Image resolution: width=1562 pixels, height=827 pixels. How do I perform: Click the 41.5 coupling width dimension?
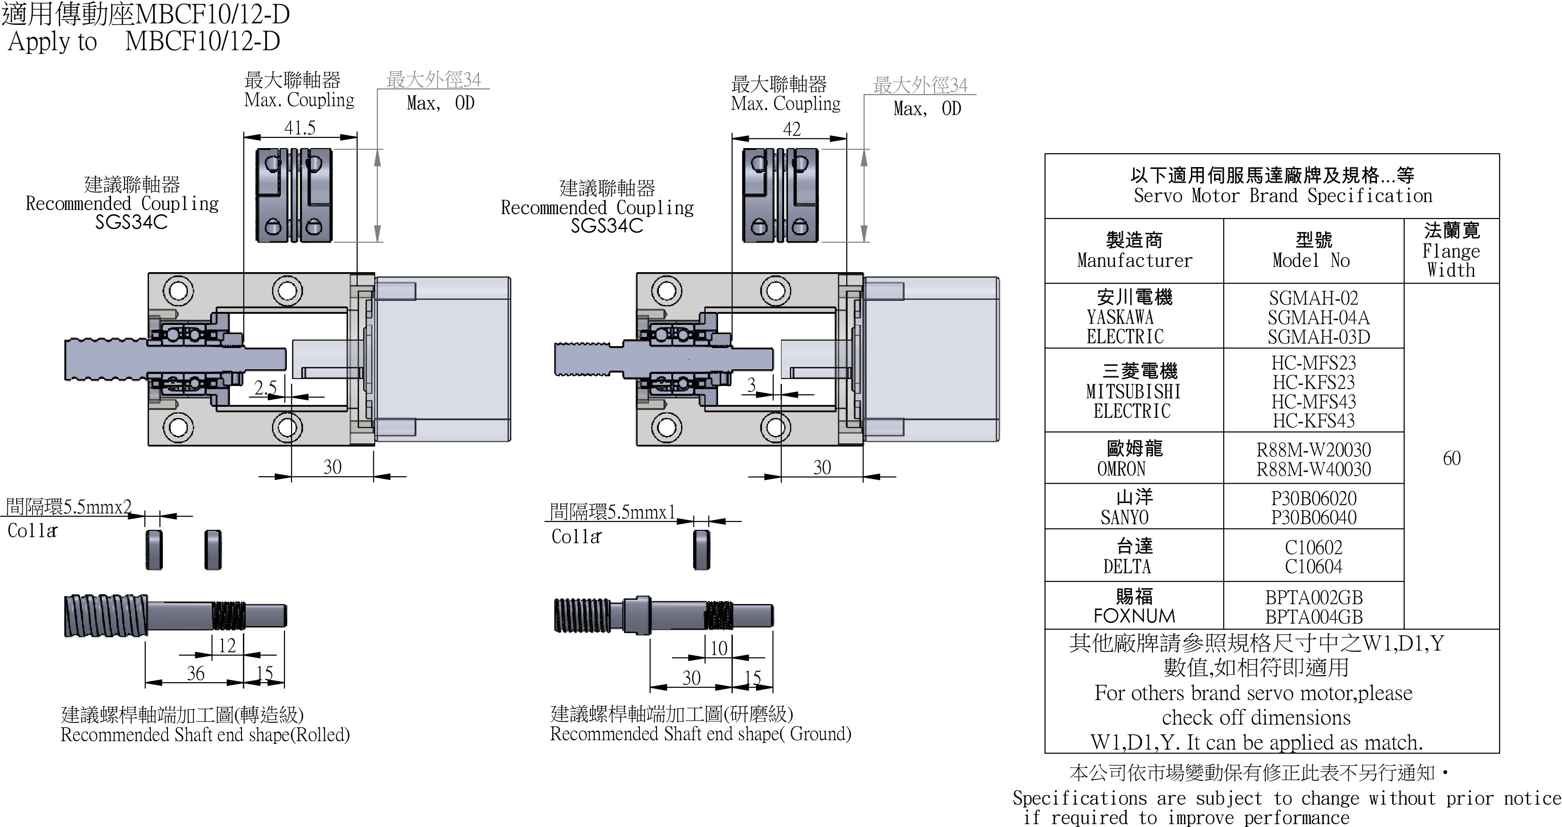coord(299,128)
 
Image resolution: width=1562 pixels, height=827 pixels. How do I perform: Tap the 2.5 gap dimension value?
coord(266,387)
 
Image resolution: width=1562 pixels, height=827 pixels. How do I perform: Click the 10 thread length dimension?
coord(719,649)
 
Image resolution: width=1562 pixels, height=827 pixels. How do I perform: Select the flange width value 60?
coord(1451,458)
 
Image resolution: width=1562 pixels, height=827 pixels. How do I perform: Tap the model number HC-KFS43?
coord(1314,421)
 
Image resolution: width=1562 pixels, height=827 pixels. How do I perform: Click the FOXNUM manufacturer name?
coord(1134,616)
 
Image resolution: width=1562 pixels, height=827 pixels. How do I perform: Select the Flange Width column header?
coord(1451,250)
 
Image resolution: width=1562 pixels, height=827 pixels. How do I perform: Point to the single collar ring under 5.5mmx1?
coord(701,549)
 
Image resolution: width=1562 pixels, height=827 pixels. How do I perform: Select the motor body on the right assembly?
coord(931,359)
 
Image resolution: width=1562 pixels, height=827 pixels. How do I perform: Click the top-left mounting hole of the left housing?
coord(178,291)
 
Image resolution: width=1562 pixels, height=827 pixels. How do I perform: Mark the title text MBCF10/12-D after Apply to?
coord(203,41)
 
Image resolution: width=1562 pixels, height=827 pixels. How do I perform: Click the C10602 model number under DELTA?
coord(1314,547)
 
